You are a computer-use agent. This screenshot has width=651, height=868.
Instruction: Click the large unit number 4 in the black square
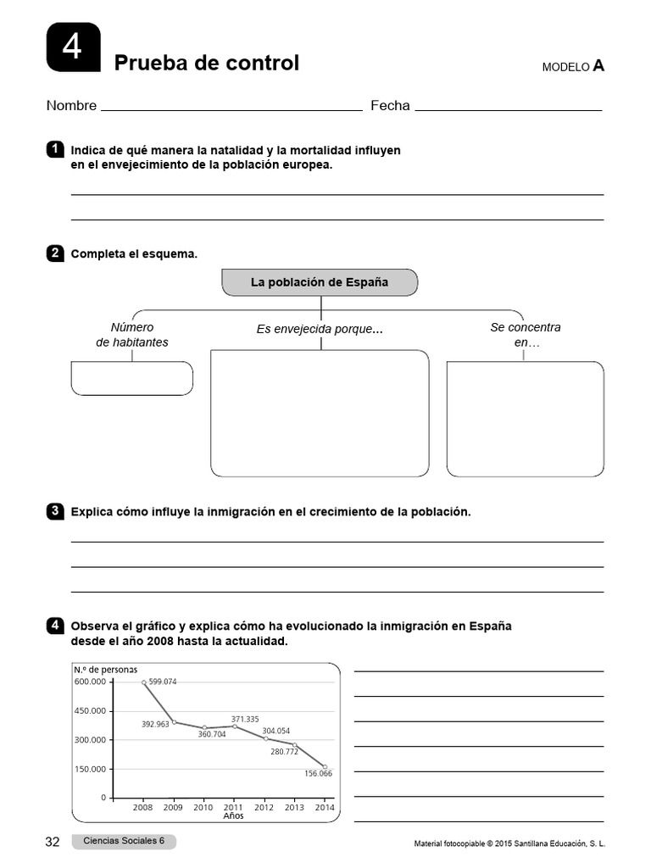tap(73, 47)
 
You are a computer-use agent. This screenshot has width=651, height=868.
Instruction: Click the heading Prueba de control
tap(206, 64)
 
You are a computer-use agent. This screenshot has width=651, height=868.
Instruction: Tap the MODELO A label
tap(573, 66)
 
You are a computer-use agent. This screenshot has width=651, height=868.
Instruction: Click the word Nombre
tap(71, 106)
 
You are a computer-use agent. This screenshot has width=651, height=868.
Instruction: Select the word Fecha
tap(390, 106)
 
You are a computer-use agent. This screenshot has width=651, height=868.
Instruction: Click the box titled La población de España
tap(320, 282)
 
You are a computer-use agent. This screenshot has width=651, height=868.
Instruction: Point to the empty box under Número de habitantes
tap(131, 378)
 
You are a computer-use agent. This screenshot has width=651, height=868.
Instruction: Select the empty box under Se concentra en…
tap(525, 419)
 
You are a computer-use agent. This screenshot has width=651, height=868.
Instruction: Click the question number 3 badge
tap(55, 511)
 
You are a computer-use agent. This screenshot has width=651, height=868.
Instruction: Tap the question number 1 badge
tap(55, 150)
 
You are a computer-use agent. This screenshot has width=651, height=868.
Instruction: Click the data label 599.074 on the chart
tap(163, 682)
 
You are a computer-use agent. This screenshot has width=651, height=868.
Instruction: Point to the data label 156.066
tap(318, 773)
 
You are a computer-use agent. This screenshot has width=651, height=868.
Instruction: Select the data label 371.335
tap(245, 719)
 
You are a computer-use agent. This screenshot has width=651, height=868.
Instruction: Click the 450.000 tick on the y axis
tap(91, 710)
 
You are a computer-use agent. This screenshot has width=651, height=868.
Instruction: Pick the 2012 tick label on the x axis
tap(264, 808)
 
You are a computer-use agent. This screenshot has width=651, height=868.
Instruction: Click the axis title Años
tap(233, 816)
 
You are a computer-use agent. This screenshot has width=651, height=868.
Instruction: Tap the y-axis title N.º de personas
tap(106, 670)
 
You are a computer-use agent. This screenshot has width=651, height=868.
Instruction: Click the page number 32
tap(53, 842)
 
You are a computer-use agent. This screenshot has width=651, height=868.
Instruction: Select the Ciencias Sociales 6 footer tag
tap(124, 841)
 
